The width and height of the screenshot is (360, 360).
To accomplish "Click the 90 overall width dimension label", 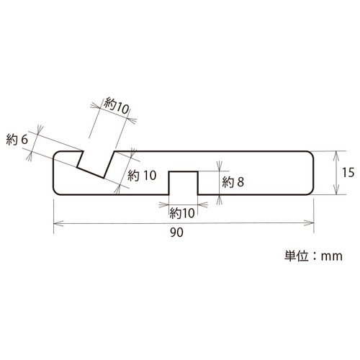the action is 176,233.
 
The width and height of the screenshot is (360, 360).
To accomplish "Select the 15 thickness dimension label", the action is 348,172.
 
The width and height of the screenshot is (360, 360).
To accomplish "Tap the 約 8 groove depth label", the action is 233,182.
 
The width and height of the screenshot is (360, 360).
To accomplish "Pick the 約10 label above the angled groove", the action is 117,106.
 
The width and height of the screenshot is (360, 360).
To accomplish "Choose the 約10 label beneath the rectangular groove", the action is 182,213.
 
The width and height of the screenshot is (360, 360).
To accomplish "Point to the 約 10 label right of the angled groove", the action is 142,175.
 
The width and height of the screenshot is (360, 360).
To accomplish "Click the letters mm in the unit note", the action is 332,256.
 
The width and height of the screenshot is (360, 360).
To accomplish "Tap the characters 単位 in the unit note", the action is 296,256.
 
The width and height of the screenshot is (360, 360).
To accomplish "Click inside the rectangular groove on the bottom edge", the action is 184,183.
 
